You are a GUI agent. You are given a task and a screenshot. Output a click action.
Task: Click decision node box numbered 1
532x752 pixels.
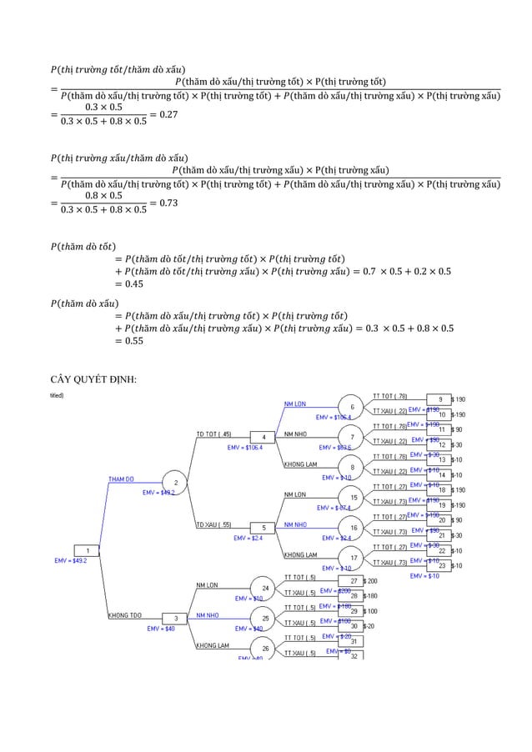pos(87,549)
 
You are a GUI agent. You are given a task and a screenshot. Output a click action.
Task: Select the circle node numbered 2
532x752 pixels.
pos(176,482)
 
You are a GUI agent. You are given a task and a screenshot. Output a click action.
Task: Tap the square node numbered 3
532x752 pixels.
pos(176,618)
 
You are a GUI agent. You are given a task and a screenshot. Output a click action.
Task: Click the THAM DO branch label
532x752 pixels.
pos(122,479)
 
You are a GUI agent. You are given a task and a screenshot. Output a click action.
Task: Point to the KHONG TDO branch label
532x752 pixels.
pos(123,615)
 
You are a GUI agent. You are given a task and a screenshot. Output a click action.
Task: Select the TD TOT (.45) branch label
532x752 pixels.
pos(213,434)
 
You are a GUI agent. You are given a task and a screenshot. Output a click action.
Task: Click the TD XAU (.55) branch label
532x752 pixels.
pos(213,524)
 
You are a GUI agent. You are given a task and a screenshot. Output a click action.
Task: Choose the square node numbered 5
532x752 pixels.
pos(264,528)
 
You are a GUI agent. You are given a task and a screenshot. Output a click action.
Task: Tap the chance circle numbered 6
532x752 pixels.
pos(352,406)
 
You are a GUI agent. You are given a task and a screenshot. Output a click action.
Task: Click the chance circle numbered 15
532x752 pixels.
pos(354,498)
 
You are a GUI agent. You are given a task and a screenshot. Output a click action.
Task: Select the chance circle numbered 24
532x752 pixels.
pos(264,588)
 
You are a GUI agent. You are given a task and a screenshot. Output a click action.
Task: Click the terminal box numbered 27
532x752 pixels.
pos(354,580)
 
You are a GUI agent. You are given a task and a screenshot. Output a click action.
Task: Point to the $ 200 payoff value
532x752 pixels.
pos(371,580)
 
